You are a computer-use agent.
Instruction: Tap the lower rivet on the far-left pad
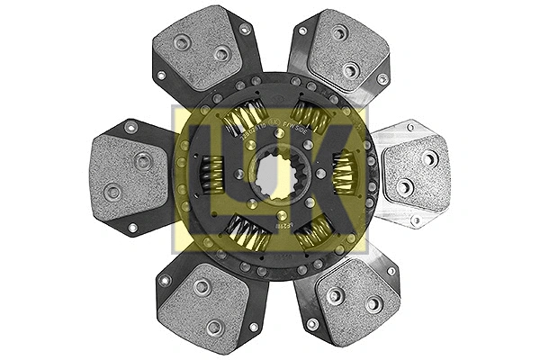pos(112,191)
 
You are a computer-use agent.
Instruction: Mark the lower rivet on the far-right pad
pos(404,186)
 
